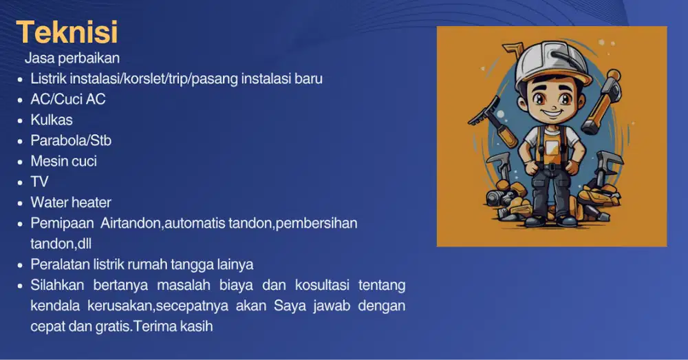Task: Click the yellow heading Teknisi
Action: coord(67,32)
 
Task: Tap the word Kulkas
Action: coord(52,120)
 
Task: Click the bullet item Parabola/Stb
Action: coord(71,140)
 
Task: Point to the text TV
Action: coord(40,182)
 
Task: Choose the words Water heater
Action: coord(71,202)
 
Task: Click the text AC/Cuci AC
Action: coord(68,99)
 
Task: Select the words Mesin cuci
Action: coord(63,161)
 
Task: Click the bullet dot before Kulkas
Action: coord(21,120)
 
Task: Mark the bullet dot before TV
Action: coord(21,182)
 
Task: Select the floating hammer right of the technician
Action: coord(603,100)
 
